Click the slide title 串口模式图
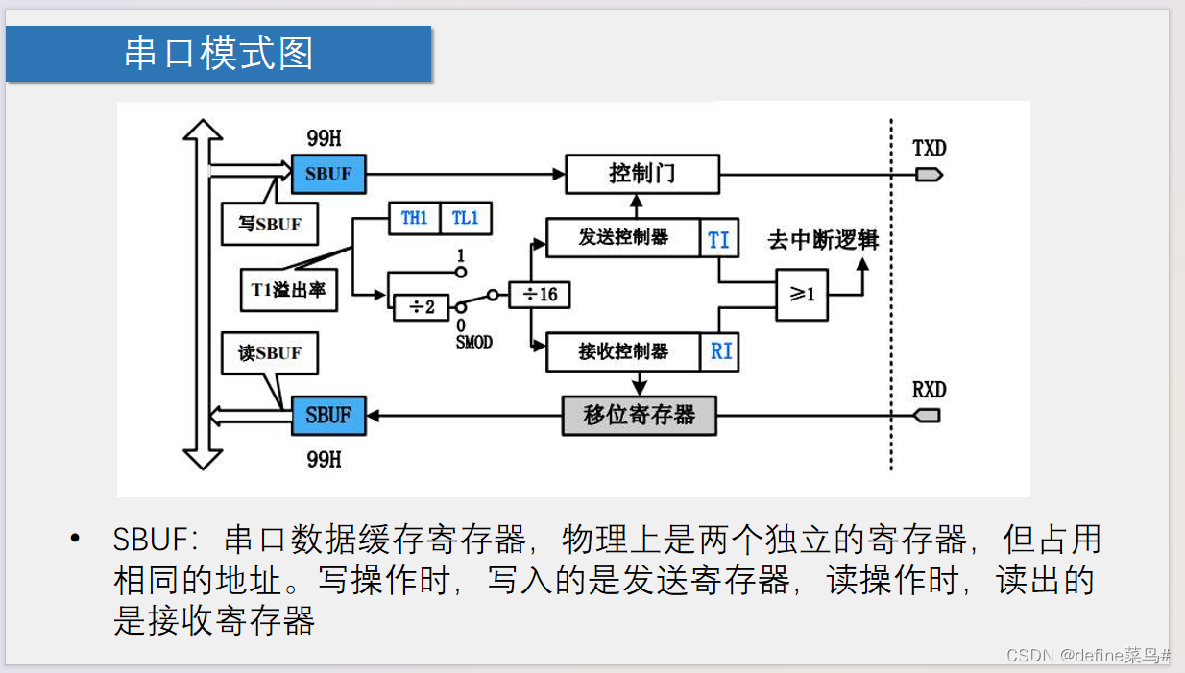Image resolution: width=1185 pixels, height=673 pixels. pyautogui.click(x=219, y=54)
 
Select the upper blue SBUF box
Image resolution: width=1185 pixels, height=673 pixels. pyautogui.click(x=328, y=174)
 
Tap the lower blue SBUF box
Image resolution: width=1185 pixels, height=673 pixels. pyautogui.click(x=328, y=416)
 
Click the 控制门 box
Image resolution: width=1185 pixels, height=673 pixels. pyautogui.click(x=641, y=174)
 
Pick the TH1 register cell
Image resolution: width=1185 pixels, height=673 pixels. pyautogui.click(x=414, y=218)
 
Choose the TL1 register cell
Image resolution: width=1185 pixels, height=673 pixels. pyautogui.click(x=466, y=218)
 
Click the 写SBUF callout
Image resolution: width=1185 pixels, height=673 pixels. pyautogui.click(x=270, y=225)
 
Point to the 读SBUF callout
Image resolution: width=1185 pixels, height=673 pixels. pyautogui.click(x=270, y=352)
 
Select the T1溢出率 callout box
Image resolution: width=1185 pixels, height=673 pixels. pyautogui.click(x=289, y=289)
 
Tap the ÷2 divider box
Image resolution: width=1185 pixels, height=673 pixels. pyautogui.click(x=422, y=306)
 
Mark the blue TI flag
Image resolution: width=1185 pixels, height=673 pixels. pyautogui.click(x=718, y=239)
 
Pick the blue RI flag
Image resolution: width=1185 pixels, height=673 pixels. pyautogui.click(x=720, y=351)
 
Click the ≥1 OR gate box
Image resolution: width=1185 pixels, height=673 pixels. pyautogui.click(x=802, y=295)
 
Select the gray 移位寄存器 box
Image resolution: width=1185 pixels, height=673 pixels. pyautogui.click(x=639, y=416)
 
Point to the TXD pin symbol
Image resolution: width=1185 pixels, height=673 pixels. pyautogui.click(x=929, y=175)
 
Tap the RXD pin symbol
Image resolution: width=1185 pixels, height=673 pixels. pyautogui.click(x=929, y=416)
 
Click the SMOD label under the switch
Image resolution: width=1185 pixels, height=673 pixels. pyautogui.click(x=473, y=342)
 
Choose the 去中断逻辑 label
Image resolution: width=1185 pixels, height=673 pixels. pyautogui.click(x=823, y=240)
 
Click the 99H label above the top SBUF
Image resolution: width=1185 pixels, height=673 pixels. pyautogui.click(x=324, y=138)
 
